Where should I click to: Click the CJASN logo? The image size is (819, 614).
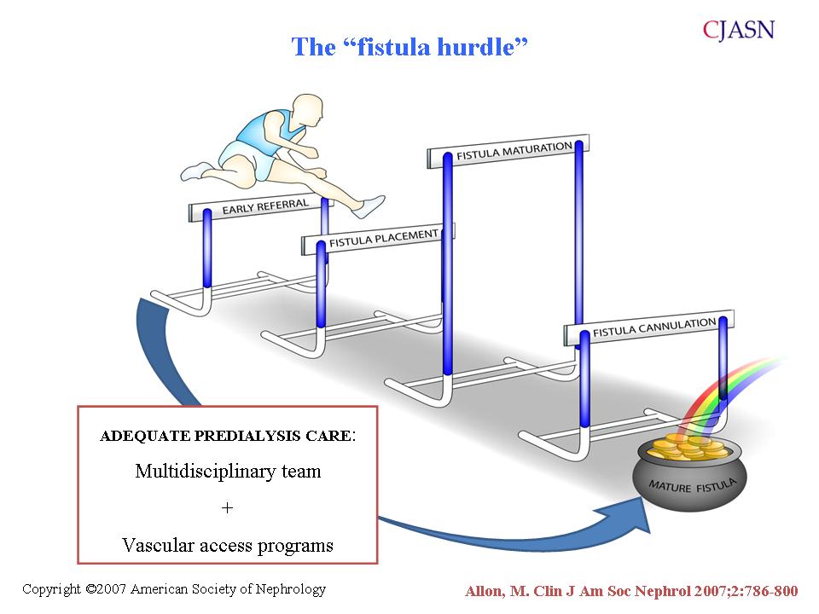tap(738, 31)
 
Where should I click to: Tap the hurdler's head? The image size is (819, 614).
tap(307, 110)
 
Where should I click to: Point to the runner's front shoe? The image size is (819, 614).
tap(369, 206)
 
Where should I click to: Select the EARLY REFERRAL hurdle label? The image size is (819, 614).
tap(265, 206)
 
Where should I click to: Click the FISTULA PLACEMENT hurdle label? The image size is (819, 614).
tap(383, 238)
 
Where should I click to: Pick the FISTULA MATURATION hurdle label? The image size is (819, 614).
tap(514, 150)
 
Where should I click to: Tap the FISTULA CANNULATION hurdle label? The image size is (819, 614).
tap(654, 327)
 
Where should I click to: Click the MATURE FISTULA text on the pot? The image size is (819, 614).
tap(693, 485)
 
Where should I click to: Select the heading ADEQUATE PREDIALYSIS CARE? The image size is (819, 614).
tap(225, 436)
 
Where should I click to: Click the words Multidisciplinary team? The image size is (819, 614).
tap(228, 471)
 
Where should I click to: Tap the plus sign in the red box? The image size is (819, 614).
tap(227, 507)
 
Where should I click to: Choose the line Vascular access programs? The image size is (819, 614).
tap(228, 545)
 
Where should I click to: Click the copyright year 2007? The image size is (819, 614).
tap(112, 589)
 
